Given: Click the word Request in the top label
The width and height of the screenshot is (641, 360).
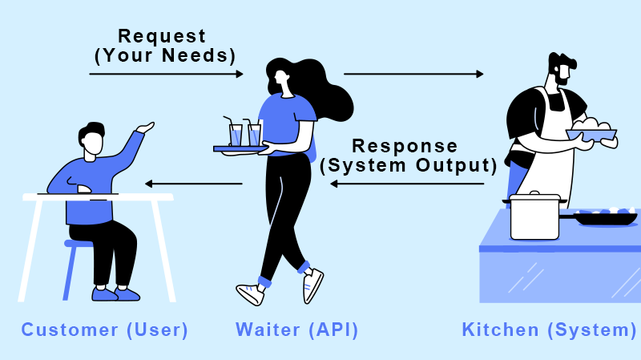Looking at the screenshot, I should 162,37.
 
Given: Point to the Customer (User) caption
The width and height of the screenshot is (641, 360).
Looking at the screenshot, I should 104,330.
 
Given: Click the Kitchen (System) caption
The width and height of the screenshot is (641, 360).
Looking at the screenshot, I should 550,330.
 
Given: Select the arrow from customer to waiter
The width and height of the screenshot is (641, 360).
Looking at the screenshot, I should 165,74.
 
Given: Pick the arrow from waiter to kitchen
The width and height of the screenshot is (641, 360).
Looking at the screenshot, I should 413,74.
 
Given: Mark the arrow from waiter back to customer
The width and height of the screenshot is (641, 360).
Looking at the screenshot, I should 193,184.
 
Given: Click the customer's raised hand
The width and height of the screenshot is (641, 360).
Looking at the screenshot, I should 145,127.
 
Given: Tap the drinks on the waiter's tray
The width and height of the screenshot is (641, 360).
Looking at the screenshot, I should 245,134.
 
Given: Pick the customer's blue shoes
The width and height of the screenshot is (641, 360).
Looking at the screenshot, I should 116,293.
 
